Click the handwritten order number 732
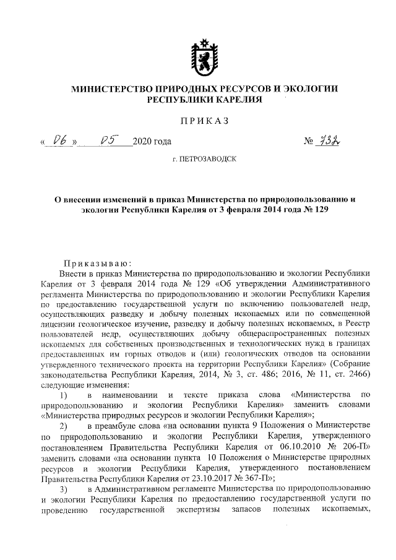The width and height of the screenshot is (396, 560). tap(332, 142)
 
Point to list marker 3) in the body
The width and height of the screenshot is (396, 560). tap(63, 489)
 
